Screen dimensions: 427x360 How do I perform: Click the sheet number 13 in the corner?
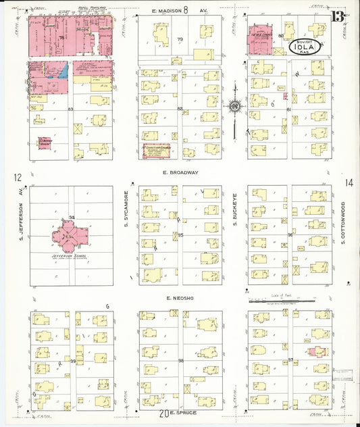pos(337,16)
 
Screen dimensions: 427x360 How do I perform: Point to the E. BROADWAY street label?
pos(180,172)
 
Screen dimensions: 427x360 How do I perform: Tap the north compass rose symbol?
pos(234,106)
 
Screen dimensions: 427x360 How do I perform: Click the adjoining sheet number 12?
pos(16,178)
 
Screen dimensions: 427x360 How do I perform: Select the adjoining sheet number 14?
pos(349,182)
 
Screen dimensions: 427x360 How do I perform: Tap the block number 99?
pos(72,362)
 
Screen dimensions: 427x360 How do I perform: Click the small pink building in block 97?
pos(315,351)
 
